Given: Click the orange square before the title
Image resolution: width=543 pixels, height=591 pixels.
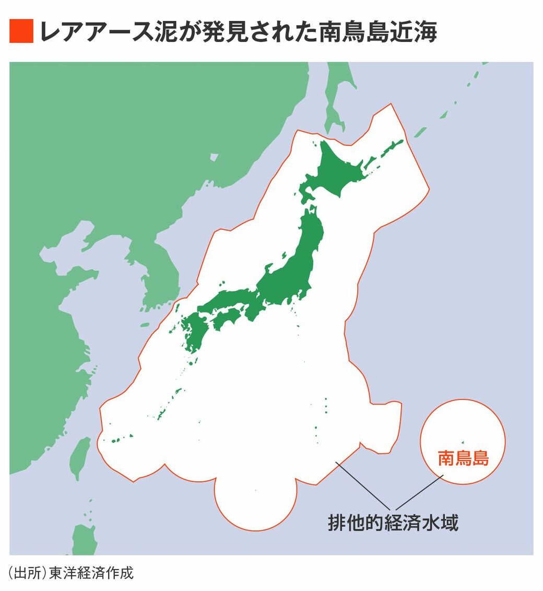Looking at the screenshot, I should point(21,31).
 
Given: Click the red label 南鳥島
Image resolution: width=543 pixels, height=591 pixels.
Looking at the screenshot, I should point(463,458).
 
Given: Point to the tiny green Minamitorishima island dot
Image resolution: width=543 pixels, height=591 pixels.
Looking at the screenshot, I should point(462,442).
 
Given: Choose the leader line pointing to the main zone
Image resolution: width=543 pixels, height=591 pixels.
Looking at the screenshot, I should point(363,486).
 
